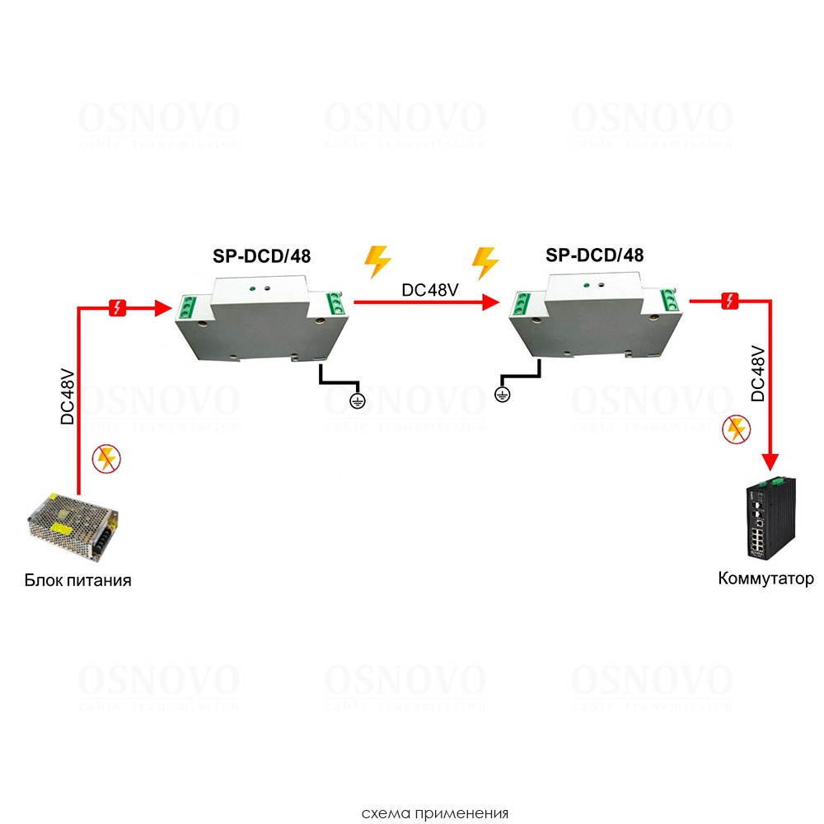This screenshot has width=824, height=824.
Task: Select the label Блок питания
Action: (77, 580)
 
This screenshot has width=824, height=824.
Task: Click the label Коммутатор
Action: (765, 578)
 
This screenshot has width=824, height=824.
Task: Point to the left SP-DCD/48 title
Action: (261, 255)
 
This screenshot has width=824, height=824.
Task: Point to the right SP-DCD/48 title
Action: (594, 255)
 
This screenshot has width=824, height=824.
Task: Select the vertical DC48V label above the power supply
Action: (68, 396)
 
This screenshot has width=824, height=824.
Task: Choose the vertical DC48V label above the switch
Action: (758, 373)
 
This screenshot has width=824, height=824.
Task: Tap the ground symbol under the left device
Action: (357, 400)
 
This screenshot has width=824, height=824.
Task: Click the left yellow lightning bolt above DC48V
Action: (378, 260)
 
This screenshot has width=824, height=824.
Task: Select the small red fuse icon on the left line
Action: (117, 309)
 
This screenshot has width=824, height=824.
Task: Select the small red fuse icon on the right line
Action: (729, 302)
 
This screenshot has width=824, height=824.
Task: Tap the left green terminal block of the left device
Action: (185, 307)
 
